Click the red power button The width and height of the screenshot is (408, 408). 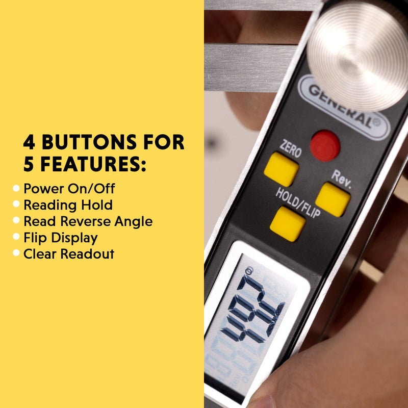pos(325,146)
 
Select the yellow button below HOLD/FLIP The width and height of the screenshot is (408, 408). pos(288,223)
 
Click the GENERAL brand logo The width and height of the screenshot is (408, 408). pos(345,106)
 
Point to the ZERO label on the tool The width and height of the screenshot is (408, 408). pos(289,149)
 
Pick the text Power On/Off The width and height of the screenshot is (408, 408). pos(69,189)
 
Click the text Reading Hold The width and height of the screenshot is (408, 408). pos(68,205)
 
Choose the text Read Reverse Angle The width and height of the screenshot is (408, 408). pos(88,221)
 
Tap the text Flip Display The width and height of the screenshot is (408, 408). pos(61,238)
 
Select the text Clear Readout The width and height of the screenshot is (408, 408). pos(69,254)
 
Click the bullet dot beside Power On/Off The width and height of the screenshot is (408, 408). pos(16,189)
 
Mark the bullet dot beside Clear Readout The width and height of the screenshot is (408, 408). pos(16,253)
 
